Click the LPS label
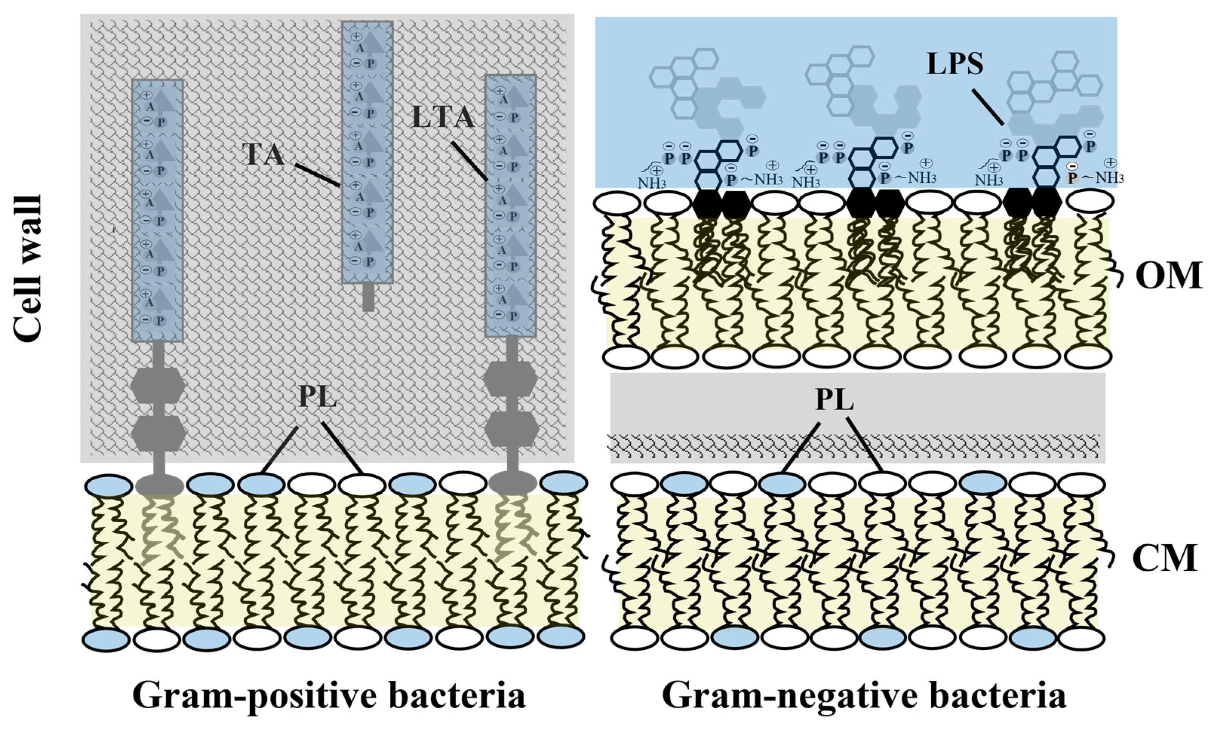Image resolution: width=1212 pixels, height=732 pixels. tap(955, 64)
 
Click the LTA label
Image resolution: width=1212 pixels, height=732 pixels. tap(443, 118)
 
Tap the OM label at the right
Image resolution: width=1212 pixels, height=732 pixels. tap(1168, 276)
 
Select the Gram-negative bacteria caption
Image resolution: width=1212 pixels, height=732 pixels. tap(864, 695)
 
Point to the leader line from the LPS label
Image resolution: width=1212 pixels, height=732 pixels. tap(987, 107)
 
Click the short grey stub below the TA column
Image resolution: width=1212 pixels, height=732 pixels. tap(368, 297)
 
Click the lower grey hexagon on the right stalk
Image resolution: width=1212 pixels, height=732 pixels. tap(512, 429)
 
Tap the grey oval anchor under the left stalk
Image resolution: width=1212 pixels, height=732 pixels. tap(159, 485)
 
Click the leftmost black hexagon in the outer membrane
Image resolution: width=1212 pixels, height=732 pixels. tap(707, 204)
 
